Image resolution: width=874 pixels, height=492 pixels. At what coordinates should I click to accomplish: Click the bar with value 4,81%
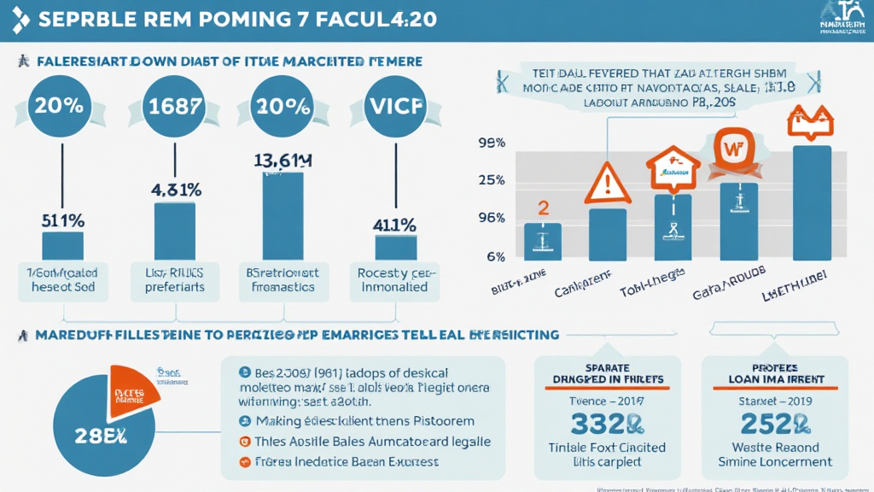point(174,230)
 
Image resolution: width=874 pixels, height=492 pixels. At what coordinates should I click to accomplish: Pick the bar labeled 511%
point(62,245)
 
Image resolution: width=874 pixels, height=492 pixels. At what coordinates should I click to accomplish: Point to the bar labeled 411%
point(395,247)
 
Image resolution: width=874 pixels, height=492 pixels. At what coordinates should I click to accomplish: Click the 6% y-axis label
point(495,256)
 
